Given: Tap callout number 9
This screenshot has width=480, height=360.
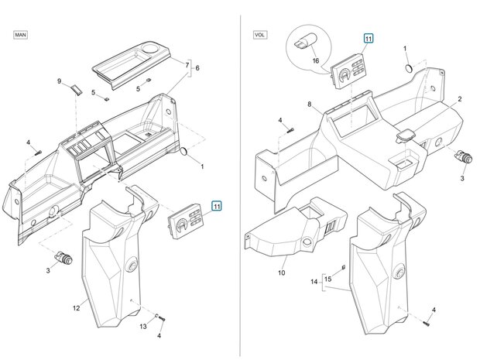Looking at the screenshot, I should (x=59, y=81).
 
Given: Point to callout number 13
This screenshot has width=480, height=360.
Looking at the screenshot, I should (x=142, y=327).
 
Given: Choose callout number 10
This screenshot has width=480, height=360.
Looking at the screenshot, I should (x=281, y=273).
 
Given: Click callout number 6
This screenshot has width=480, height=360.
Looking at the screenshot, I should (x=197, y=68).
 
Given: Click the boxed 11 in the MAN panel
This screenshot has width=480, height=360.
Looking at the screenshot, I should (x=217, y=206).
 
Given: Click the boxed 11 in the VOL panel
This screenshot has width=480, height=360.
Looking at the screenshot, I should (x=368, y=38).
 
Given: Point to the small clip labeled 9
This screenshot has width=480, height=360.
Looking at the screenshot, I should (x=76, y=89).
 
